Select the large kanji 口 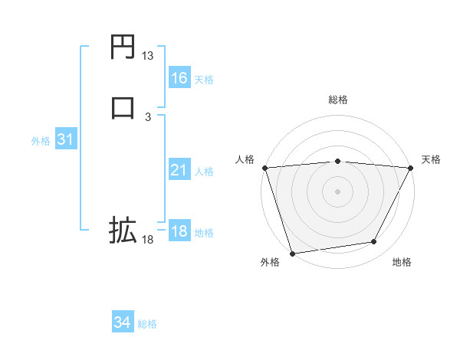tap(123, 106)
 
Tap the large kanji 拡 tap(123, 229)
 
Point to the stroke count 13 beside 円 tap(147, 56)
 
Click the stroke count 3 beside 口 tap(147, 116)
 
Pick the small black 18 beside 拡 tap(147, 240)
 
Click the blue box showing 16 tap(179, 78)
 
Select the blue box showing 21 tap(179, 170)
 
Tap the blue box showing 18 tap(179, 231)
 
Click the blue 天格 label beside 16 tap(204, 80)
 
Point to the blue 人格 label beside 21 tap(204, 172)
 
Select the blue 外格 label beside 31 tap(41, 141)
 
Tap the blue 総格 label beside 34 tap(147, 325)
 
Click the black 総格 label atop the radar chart tap(337, 100)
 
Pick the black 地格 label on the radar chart tap(402, 263)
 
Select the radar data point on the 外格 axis tap(292, 253)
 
